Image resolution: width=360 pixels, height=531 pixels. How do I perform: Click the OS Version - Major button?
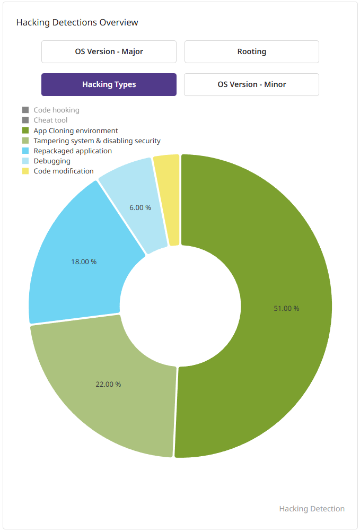click(109, 52)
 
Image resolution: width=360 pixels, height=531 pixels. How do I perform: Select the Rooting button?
click(251, 52)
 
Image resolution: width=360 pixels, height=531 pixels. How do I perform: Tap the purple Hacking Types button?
click(109, 84)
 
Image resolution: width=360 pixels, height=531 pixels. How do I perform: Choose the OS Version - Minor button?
click(251, 84)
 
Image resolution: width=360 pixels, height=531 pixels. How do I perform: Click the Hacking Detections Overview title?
click(77, 22)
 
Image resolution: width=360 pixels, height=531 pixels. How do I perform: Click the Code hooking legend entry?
click(56, 110)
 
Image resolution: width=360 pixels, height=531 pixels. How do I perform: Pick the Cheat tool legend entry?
click(50, 120)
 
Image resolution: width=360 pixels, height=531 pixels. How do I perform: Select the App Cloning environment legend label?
click(75, 130)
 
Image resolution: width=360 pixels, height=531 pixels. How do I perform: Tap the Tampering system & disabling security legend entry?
click(96, 141)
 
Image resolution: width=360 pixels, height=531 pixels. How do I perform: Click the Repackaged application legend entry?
click(73, 151)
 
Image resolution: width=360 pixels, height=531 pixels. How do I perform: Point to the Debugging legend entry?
click(52, 161)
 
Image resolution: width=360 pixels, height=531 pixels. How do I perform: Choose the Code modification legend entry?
click(63, 171)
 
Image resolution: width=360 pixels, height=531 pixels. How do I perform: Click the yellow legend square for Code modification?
click(25, 171)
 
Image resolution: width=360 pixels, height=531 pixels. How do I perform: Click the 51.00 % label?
click(286, 308)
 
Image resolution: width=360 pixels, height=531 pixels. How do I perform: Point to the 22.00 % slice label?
click(108, 384)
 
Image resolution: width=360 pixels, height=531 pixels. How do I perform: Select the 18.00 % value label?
click(84, 262)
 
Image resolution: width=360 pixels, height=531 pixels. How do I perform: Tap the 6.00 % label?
click(140, 207)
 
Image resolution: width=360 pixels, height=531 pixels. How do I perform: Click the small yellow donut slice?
click(167, 199)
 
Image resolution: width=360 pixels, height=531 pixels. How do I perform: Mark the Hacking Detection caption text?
click(312, 509)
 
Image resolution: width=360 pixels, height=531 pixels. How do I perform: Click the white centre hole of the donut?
click(180, 306)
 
